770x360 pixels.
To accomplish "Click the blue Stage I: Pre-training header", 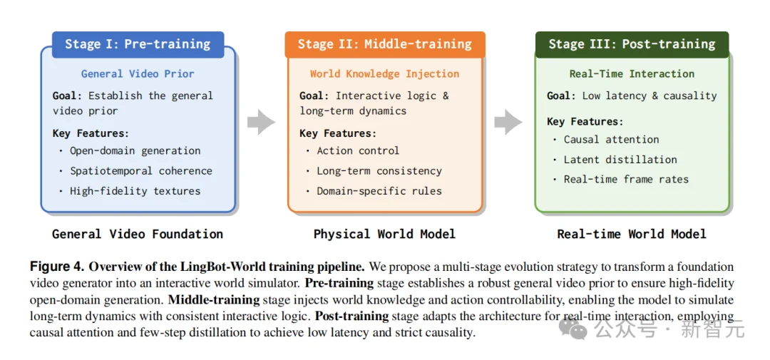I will [x=138, y=44].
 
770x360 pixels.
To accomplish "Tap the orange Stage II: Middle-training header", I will [x=384, y=44].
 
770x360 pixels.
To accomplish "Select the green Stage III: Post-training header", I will [x=632, y=44].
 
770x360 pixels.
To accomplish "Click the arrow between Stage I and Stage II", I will [x=261, y=123].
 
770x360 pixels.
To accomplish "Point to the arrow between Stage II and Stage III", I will [x=508, y=123].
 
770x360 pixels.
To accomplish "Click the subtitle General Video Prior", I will [x=138, y=73].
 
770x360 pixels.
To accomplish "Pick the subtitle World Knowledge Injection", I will [x=384, y=73].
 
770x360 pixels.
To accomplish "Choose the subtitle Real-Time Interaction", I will [x=632, y=73].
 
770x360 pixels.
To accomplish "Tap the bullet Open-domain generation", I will [x=135, y=150].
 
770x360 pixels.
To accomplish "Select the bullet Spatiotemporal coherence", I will [x=140, y=171].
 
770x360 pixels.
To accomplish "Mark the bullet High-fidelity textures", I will [x=135, y=191].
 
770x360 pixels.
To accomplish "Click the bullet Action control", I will [x=358, y=150].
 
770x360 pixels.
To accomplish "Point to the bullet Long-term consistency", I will [x=379, y=171].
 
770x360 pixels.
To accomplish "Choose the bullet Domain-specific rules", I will [x=379, y=191].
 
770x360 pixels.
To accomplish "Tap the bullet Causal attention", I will [x=611, y=140].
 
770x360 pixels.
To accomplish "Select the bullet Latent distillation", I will [x=620, y=160].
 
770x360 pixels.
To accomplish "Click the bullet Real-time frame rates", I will [x=626, y=180].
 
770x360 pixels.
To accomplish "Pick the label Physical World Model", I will [x=384, y=234].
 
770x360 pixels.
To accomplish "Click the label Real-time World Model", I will [x=632, y=234].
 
